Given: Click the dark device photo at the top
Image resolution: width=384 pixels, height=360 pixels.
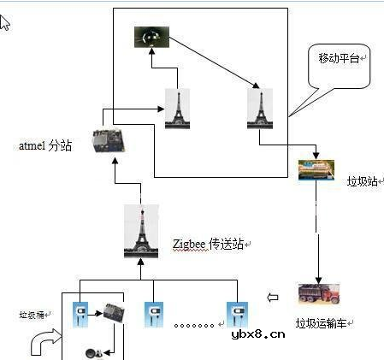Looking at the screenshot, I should (151, 37).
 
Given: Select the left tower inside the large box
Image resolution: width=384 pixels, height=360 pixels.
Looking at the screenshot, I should (176, 109).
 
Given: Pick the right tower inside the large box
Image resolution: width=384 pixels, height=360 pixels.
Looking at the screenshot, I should (259, 109).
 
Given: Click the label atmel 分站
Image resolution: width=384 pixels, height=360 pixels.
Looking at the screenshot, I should (45, 146).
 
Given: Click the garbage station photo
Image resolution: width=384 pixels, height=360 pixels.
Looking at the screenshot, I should (316, 170).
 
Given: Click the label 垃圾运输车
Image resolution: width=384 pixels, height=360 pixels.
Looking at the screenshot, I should (325, 323).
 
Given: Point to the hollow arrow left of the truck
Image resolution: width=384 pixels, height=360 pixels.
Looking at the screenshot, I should (273, 298).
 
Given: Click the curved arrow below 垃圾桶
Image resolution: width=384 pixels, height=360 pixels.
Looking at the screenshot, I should (44, 342).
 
